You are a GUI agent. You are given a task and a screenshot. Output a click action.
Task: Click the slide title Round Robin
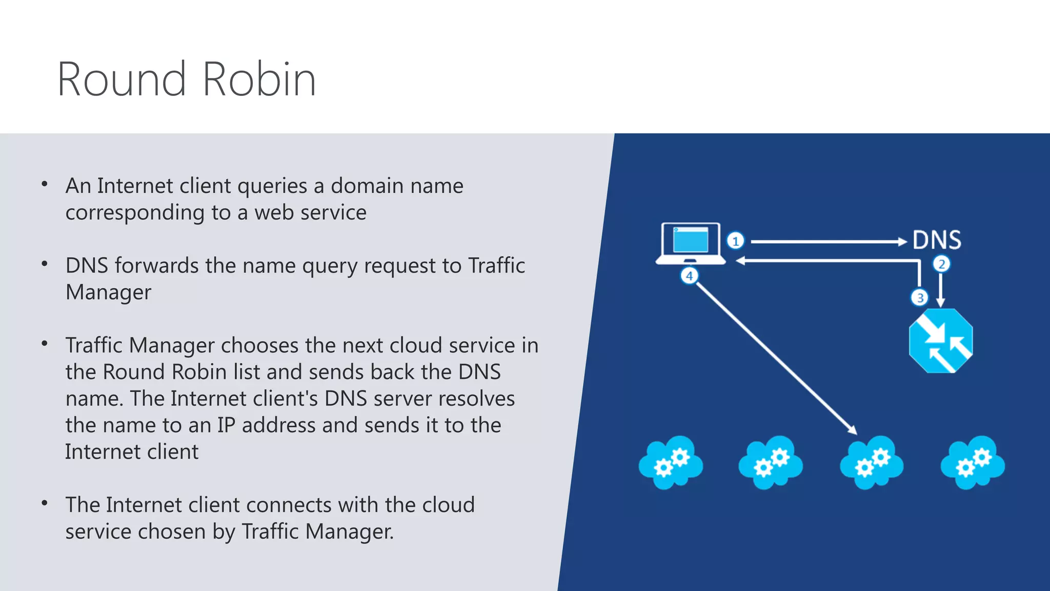pos(187,79)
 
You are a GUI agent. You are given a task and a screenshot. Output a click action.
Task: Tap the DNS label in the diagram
pos(937,240)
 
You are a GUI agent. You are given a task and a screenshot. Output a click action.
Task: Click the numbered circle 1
pos(736,241)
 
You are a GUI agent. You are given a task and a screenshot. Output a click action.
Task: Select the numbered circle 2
pos(941,264)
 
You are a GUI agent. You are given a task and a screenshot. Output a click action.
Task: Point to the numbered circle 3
pos(920,298)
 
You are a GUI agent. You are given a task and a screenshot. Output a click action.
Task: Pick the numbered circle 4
pos(690,276)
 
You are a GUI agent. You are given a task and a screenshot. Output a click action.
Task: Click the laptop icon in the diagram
pos(691,243)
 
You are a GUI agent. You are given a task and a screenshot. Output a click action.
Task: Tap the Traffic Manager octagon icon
pos(941,341)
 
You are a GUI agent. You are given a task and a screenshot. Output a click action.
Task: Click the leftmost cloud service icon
pos(671,463)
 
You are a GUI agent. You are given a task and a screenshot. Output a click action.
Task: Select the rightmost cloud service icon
pos(973,463)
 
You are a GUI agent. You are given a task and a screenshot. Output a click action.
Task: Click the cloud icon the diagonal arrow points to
pos(872,463)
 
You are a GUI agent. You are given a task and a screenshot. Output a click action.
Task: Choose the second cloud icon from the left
pos(771,463)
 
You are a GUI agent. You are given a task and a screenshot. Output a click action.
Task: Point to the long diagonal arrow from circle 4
pos(774,357)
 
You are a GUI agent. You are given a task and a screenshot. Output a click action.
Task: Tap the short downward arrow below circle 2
pos(941,290)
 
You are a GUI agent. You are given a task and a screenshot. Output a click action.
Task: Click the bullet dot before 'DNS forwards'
pos(45,264)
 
